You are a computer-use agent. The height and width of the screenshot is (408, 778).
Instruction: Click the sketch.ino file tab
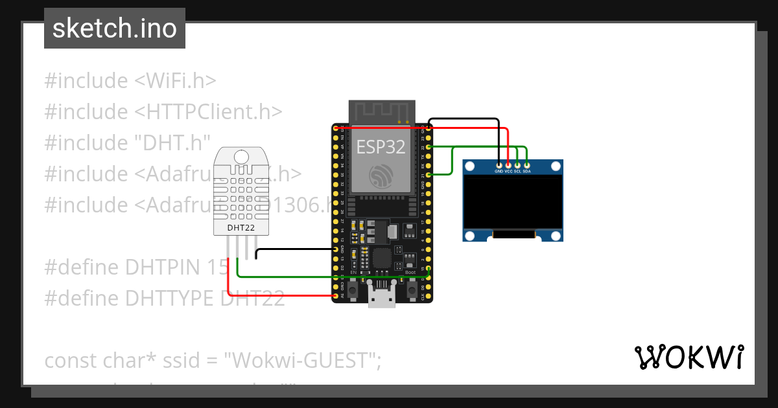click(114, 28)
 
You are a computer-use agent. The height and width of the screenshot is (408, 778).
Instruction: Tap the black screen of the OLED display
click(512, 205)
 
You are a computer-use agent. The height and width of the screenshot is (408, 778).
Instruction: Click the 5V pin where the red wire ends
click(336, 295)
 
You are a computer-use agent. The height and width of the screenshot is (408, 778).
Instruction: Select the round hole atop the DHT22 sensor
click(241, 156)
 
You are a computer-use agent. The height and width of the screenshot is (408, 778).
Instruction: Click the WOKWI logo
click(689, 357)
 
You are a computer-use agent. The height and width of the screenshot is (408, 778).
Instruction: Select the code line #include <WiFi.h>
click(130, 81)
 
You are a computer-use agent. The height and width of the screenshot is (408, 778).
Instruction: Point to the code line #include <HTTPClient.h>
click(163, 112)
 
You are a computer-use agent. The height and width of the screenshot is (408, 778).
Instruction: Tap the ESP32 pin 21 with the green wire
click(428, 175)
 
